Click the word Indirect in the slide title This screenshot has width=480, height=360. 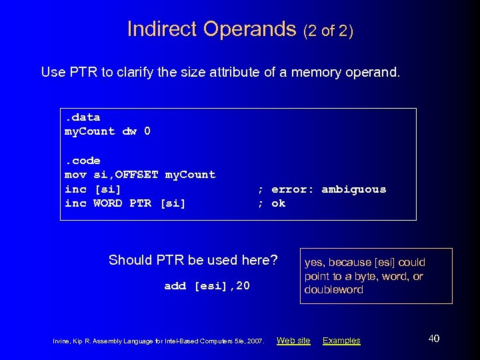tap(162, 29)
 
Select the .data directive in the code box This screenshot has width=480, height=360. tap(82, 117)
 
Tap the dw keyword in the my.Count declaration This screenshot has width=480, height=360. tap(129, 131)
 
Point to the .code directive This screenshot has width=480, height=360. tap(82, 161)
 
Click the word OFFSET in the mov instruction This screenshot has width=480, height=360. tap(137, 175)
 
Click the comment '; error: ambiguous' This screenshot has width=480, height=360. tap(322, 189)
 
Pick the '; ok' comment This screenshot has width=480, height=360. tap(271, 203)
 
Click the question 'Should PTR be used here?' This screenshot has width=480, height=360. tap(193, 259)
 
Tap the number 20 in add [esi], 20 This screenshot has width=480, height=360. tap(243, 286)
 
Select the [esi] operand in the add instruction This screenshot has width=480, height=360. tap(211, 286)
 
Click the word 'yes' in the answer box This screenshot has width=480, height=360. tap(315, 262)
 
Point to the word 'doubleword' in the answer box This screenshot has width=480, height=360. tap(333, 290)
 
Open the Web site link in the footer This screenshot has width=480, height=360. tap(293, 341)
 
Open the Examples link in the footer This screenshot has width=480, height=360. tap(341, 341)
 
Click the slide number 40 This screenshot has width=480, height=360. tap(433, 339)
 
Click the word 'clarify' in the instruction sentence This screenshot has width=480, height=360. tap(136, 71)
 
